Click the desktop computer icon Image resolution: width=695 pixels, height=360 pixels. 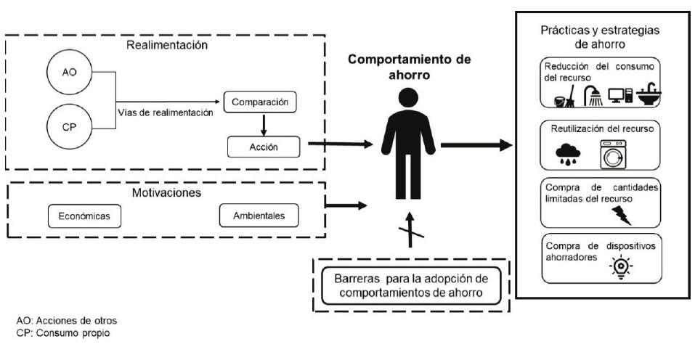click(619, 95)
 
